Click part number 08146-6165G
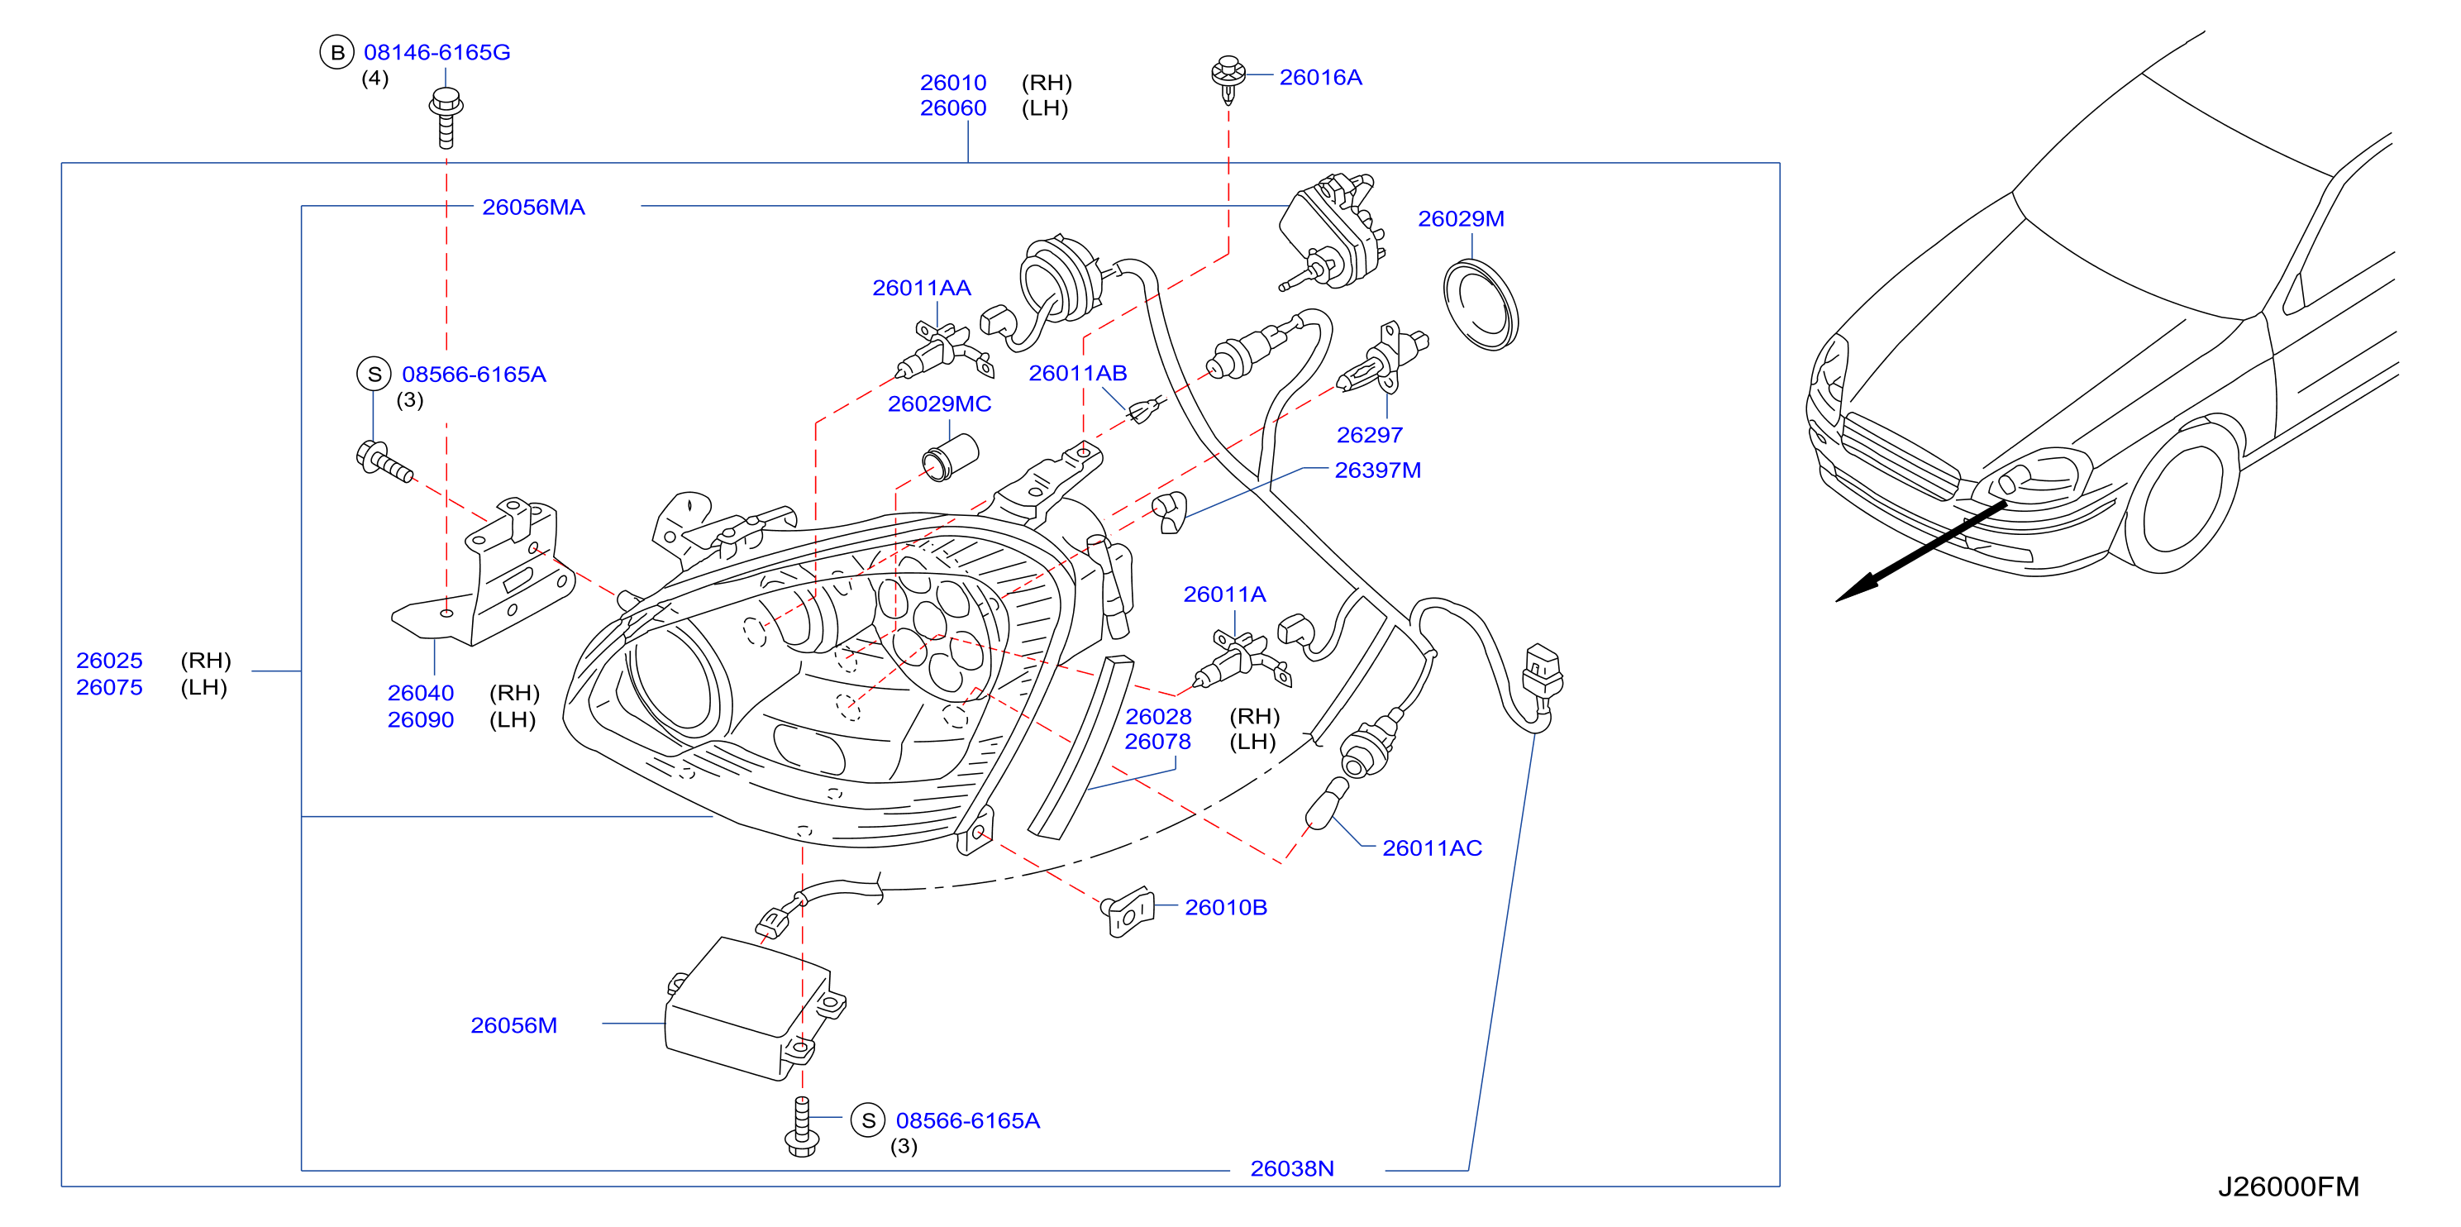436,53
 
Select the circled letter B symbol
336,53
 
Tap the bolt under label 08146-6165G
446,117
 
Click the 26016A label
1320,78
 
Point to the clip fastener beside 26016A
1228,79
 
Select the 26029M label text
1461,219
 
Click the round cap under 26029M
1481,305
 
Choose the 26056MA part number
533,208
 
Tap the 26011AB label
1078,374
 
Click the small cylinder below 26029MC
951,456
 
